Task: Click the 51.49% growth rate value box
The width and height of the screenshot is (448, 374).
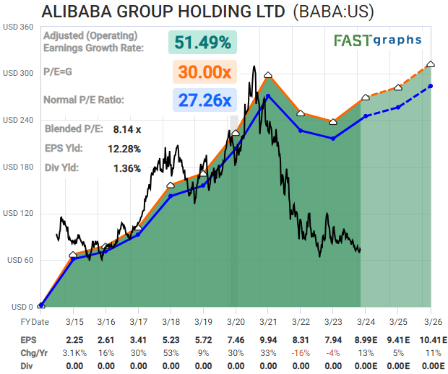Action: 203,42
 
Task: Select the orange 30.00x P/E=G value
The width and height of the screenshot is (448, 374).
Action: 203,72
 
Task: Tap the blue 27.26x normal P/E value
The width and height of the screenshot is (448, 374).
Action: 203,100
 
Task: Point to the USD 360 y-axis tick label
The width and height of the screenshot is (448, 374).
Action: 19,27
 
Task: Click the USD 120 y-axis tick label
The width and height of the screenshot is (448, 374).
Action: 19,214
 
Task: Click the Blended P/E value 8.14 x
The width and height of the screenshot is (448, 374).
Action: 127,129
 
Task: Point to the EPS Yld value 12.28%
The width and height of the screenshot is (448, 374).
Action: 124,149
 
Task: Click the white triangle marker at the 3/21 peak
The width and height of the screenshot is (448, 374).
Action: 268,75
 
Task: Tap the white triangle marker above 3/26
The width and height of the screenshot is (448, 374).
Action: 431,65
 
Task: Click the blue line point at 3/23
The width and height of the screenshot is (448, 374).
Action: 333,138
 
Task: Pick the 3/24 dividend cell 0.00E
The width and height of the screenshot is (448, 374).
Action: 366,366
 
